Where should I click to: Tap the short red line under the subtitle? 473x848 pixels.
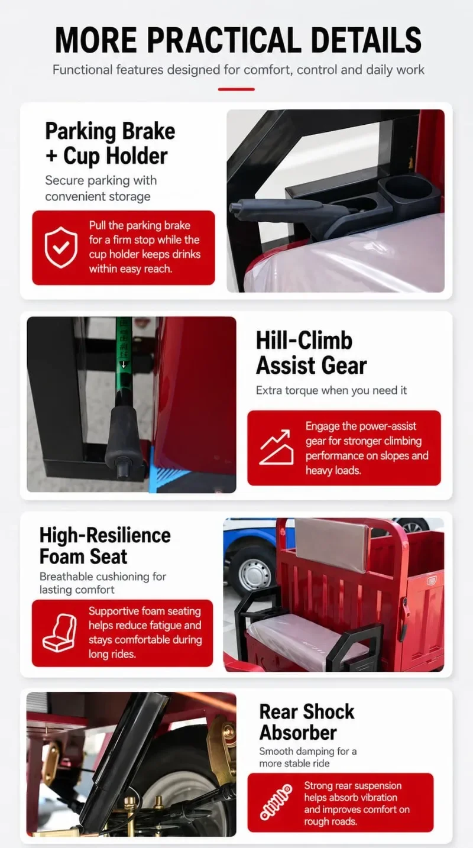point(236,89)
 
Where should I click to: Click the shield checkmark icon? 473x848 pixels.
point(61,248)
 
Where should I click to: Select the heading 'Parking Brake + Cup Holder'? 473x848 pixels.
point(110,144)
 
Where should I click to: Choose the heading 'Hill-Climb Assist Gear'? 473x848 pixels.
point(311,352)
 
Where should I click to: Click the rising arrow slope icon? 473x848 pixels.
point(277,447)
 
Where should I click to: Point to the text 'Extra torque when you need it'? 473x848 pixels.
point(331,390)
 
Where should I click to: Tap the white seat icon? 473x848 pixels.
point(59,633)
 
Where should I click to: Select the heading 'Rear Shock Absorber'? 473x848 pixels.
point(306,722)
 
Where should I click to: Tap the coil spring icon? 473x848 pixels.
point(276,802)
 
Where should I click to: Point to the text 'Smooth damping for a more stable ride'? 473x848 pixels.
point(307,757)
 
